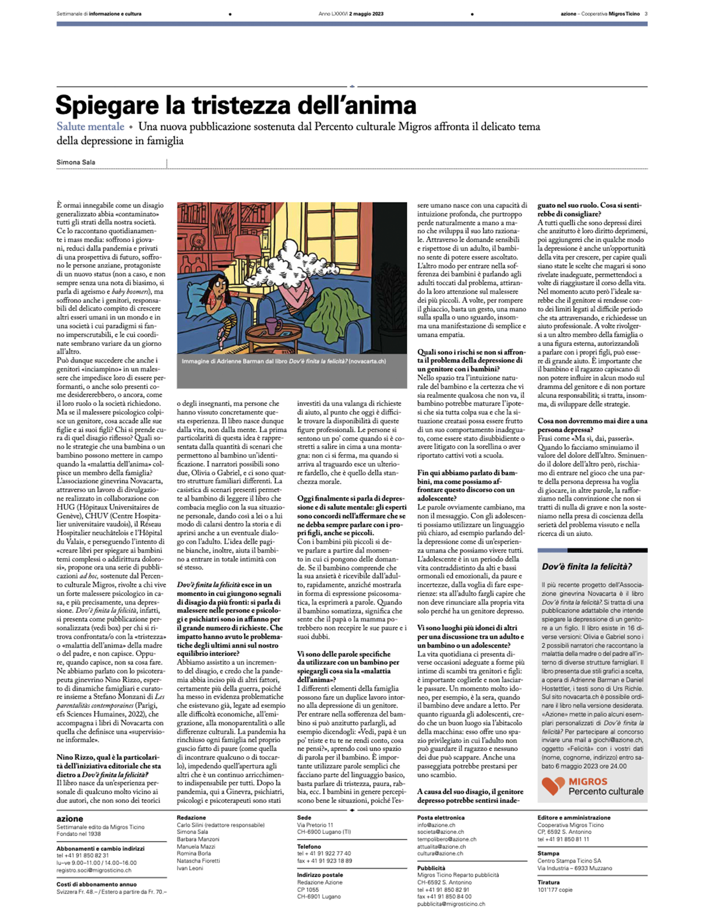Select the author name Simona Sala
tap(75, 162)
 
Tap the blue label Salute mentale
tap(90, 127)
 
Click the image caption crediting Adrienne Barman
tap(283, 361)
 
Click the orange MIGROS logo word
tap(588, 782)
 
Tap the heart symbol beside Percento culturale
tap(552, 786)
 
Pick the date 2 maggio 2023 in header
tap(365, 14)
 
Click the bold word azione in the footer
tap(70, 819)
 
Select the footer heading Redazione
tap(191, 817)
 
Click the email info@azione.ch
tap(436, 825)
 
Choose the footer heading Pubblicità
tap(431, 868)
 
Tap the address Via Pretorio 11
tap(315, 825)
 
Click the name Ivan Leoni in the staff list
tap(190, 868)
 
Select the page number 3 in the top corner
tap(646, 14)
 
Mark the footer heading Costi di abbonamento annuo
tap(96, 884)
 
